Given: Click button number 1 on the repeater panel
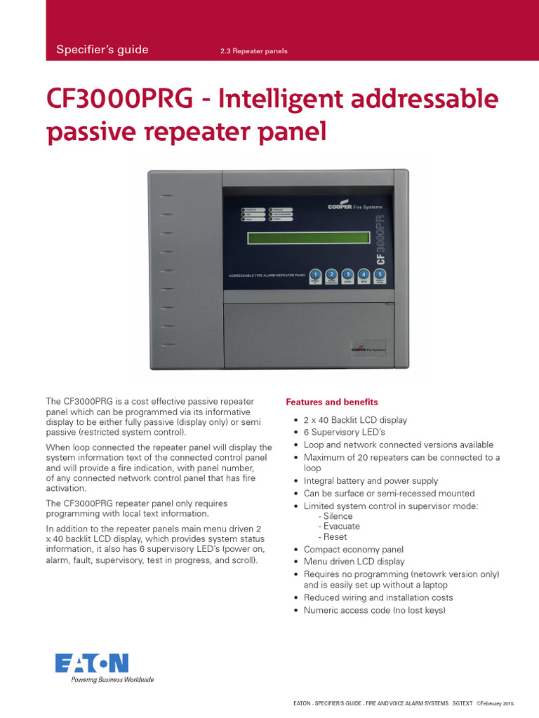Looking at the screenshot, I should click(316, 275).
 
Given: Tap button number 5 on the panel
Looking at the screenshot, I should click(380, 275).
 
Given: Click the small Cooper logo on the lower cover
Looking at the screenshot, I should click(368, 348).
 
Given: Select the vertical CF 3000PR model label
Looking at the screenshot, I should click(381, 240).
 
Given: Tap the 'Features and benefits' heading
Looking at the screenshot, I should click(331, 402).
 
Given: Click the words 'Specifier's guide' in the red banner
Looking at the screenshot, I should click(102, 49).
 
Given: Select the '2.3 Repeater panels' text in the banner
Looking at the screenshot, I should click(254, 51).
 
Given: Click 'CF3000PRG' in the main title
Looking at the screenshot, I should click(119, 100).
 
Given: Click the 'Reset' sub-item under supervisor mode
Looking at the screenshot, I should click(335, 536).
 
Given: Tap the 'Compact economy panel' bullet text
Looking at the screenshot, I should click(354, 550).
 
